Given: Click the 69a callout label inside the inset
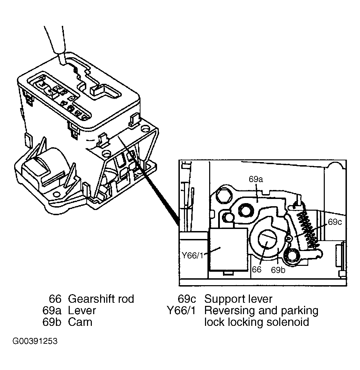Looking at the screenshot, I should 256,180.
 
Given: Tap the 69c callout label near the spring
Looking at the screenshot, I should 334,222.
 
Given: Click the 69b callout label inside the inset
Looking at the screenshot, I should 278,270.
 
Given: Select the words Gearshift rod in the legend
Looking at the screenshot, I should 101,299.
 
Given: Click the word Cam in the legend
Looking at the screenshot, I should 80,322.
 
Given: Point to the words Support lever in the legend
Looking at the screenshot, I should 238,299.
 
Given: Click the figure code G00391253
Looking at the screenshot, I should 35,342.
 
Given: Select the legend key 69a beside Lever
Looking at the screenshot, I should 52,310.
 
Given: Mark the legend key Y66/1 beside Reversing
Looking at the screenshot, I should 181,310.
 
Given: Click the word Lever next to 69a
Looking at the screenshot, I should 82,310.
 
